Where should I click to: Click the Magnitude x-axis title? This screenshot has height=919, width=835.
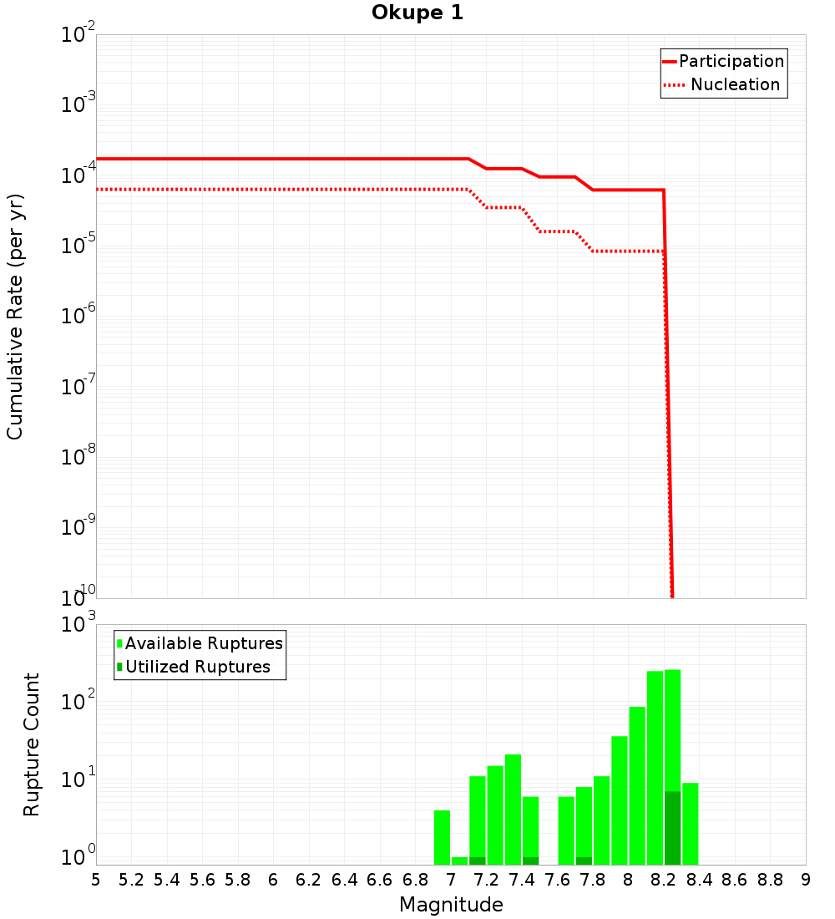[451, 904]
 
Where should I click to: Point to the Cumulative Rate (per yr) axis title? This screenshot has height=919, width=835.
[15, 316]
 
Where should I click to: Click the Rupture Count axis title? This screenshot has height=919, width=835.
[32, 744]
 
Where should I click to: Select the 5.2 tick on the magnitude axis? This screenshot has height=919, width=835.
[132, 879]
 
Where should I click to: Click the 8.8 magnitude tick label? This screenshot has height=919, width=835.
[770, 879]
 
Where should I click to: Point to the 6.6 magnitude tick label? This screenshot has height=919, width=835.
[380, 879]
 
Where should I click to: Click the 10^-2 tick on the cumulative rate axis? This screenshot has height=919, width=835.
[78, 35]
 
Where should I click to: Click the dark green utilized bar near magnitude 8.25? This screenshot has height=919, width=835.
[672, 827]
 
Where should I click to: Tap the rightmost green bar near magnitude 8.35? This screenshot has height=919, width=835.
[690, 823]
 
